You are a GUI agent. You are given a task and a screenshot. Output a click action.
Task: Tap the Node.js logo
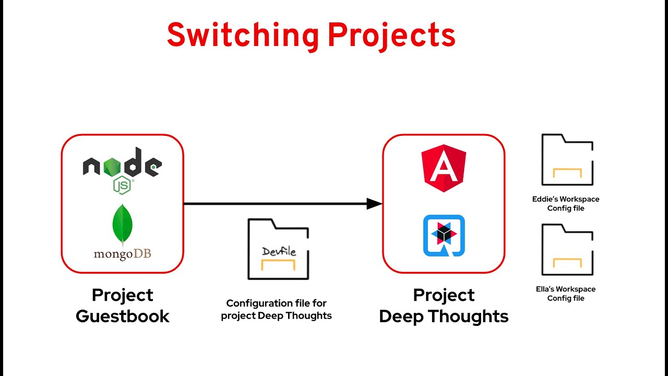[123, 167]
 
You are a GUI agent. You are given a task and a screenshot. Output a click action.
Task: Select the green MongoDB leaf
[123, 225]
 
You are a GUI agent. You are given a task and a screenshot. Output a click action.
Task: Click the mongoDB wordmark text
[123, 254]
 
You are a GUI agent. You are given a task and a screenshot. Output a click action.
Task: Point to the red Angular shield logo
[444, 168]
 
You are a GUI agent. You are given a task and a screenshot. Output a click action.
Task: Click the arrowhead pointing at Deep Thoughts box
[374, 204]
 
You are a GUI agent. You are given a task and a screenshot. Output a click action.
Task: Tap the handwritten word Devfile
[279, 252]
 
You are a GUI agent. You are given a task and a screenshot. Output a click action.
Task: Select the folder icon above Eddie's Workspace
[567, 160]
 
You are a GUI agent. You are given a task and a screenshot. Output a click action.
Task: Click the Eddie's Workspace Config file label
[566, 204]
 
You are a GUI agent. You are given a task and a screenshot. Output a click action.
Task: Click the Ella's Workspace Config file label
[566, 293]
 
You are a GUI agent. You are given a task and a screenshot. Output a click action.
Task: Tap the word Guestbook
[123, 316]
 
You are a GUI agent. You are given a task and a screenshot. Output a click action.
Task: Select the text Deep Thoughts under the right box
[444, 316]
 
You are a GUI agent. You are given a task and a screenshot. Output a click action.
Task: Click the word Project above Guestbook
[123, 295]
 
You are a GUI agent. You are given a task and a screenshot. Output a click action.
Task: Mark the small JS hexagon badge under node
[123, 185]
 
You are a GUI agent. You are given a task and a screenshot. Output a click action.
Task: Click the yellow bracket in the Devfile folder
[278, 264]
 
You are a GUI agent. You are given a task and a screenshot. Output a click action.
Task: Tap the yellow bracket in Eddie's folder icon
[567, 173]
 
